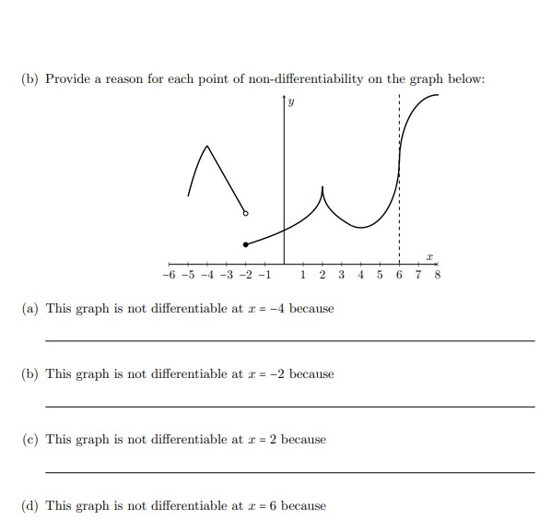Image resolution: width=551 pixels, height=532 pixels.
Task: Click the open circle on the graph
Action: (245, 213)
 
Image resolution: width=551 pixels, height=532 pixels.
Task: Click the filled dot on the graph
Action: (245, 244)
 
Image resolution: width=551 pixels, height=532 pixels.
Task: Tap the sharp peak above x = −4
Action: (207, 146)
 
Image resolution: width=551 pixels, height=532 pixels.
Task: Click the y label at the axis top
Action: (291, 103)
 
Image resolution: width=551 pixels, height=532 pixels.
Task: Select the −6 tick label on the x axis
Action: (167, 275)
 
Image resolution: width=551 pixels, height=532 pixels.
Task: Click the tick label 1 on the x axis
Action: (304, 275)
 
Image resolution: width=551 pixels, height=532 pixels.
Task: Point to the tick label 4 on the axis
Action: (361, 275)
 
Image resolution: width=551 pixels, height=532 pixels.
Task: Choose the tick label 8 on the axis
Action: (438, 275)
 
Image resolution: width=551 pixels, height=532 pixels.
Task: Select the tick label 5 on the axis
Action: (381, 275)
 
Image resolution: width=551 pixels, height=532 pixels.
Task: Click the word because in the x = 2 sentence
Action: (303, 440)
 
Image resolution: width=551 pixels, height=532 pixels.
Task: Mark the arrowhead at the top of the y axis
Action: (284, 100)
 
